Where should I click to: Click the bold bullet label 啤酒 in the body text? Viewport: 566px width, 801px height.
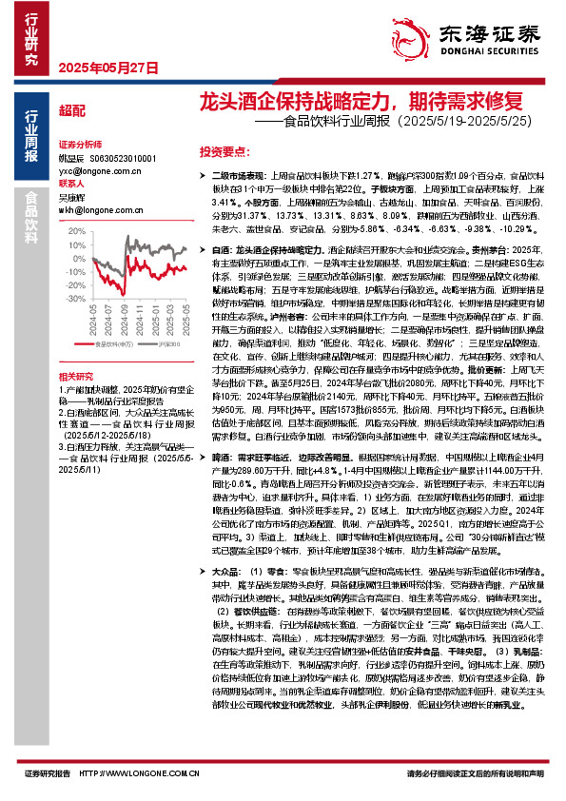212,458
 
